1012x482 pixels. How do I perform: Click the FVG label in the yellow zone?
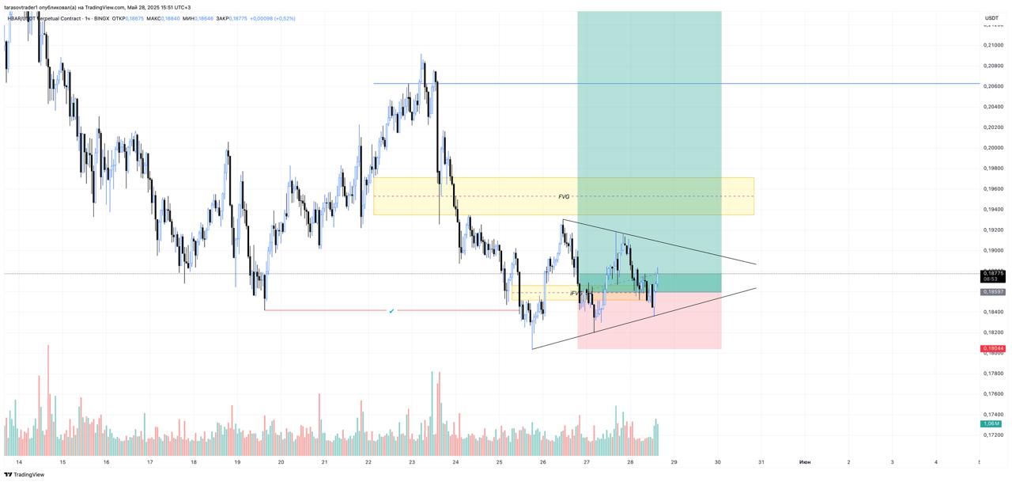(564, 196)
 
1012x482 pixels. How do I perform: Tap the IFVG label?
(576, 293)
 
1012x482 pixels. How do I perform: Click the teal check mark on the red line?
(391, 311)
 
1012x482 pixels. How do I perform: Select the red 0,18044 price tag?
(993, 348)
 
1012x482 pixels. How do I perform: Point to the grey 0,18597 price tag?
(993, 292)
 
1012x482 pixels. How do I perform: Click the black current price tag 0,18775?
(993, 274)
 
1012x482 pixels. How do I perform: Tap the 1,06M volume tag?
(991, 424)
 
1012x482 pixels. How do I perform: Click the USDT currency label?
(991, 17)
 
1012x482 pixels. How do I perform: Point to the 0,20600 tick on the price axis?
(993, 86)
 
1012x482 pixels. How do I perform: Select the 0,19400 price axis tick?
(993, 210)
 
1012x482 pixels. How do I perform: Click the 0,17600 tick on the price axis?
(993, 394)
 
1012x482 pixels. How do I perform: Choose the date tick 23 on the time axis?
(412, 461)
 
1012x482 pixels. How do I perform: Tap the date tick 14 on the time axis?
(19, 461)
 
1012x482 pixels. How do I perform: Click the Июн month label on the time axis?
(804, 461)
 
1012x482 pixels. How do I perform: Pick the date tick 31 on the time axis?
(761, 461)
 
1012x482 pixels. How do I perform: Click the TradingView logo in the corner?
(24, 475)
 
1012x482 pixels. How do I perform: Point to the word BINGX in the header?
(101, 18)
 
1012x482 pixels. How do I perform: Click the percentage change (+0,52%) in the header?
(284, 18)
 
